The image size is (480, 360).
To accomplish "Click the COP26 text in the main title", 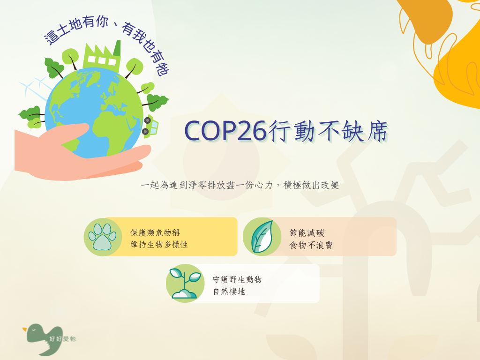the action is pos(225,131).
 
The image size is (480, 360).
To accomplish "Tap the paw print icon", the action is pos(103,237).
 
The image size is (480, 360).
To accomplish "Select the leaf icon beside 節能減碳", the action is pos(262,237).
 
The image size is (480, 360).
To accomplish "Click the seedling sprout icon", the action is pos(185,283).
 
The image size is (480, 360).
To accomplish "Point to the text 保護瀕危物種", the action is pos(155,232).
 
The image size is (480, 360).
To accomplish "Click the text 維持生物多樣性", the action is pos(159,245).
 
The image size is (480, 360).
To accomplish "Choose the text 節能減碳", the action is pos(307,233).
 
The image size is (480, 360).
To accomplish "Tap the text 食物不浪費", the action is pos(311,245).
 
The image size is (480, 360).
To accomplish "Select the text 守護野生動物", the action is pos(237,279).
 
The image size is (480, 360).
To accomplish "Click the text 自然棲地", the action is pos(229,292).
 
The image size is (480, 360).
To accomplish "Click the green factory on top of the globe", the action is pos(102,57).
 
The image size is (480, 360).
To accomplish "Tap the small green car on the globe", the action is pos(150,126).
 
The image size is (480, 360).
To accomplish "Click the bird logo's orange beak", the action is pos(24,330).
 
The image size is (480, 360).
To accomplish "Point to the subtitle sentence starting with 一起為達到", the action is pos(240,185).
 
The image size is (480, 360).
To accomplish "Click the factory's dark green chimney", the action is pos(117,48).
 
